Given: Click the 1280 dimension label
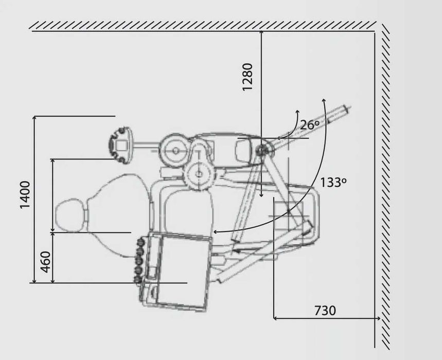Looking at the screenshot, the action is [x=247, y=77].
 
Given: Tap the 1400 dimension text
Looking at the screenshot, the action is [x=25, y=194].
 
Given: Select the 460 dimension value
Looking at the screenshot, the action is [x=45, y=262].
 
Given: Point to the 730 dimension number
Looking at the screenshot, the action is [x=325, y=311].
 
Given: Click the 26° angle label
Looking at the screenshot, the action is [x=310, y=125].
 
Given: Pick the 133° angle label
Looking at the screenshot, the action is [x=333, y=183].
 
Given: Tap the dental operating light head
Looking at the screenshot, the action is [x=120, y=146].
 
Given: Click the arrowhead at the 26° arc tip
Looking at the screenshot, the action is [x=297, y=112].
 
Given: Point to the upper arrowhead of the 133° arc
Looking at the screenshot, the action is [x=324, y=101].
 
